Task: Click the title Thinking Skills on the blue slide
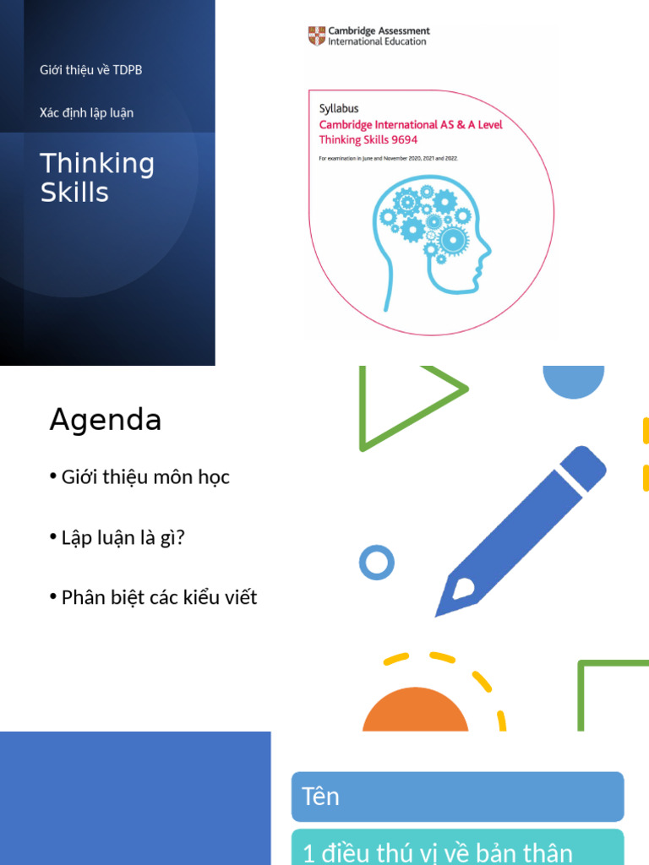pos(97,177)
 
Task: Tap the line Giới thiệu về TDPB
pos(90,70)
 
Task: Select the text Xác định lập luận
pos(86,112)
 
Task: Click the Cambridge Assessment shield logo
pos(316,36)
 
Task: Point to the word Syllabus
pos(339,108)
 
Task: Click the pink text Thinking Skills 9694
pos(368,139)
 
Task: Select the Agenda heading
pos(105,420)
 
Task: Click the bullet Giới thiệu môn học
pos(145,477)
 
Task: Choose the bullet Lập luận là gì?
pos(123,537)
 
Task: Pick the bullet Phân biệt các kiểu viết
pos(159,598)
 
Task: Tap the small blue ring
pos(377,563)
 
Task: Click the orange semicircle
pos(415,711)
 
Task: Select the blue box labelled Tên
pos(457,797)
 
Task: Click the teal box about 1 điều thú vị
pos(457,848)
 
